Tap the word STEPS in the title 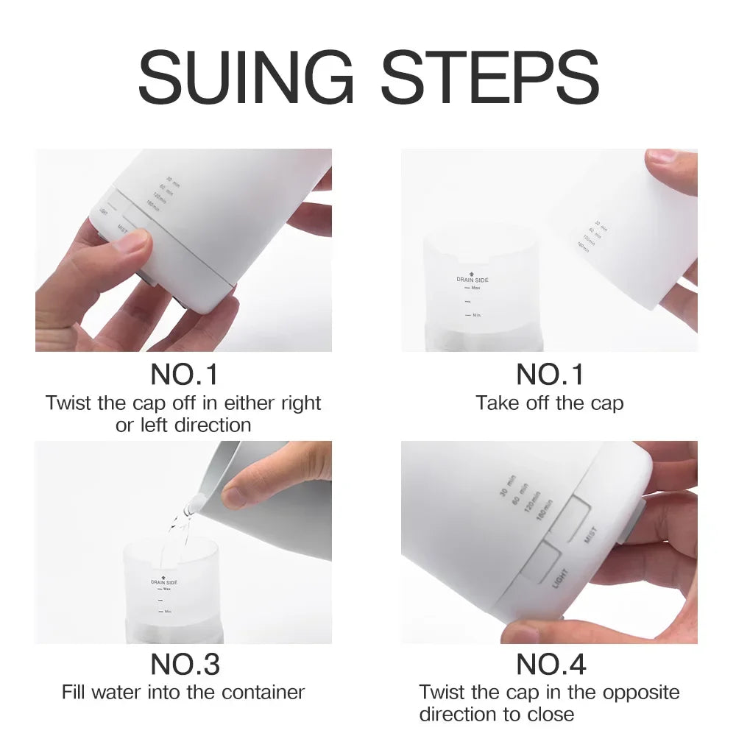489,77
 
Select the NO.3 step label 185,664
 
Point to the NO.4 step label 551,664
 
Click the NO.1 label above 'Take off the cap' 550,375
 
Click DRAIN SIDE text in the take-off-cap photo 473,280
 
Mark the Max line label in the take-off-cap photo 475,289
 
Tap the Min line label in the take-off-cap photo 475,315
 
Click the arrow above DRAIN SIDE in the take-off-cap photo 473,272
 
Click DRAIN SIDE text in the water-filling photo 164,582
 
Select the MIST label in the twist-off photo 122,230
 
